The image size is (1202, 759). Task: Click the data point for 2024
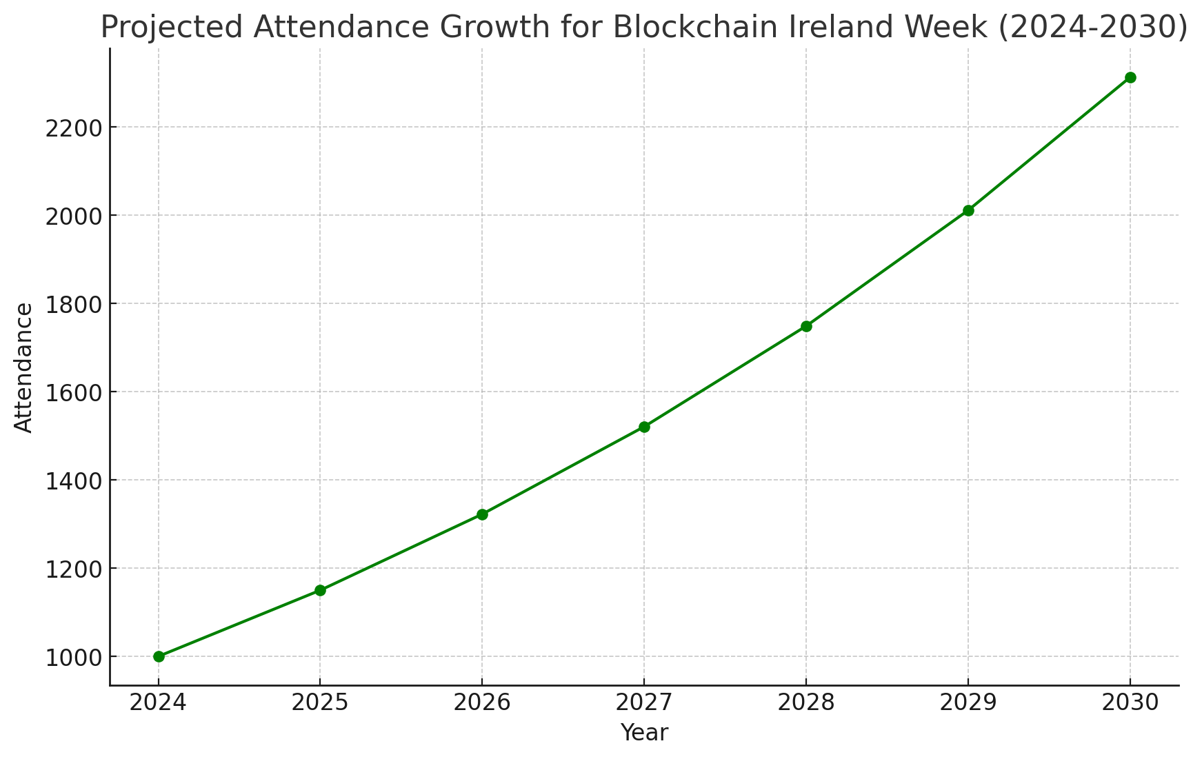click(159, 656)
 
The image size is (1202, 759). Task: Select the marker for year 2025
click(320, 590)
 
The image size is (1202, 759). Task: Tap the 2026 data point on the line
click(482, 514)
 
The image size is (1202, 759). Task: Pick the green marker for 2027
click(644, 427)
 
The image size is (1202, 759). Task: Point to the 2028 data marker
click(806, 326)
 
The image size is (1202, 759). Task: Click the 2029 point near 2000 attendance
click(968, 210)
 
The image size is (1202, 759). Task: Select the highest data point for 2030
click(1130, 77)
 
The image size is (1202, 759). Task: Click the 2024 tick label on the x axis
click(159, 702)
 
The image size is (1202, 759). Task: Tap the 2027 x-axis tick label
click(644, 702)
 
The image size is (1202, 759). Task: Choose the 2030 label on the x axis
click(1130, 702)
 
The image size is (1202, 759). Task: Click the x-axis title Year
click(644, 733)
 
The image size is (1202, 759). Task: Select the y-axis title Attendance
click(24, 367)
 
